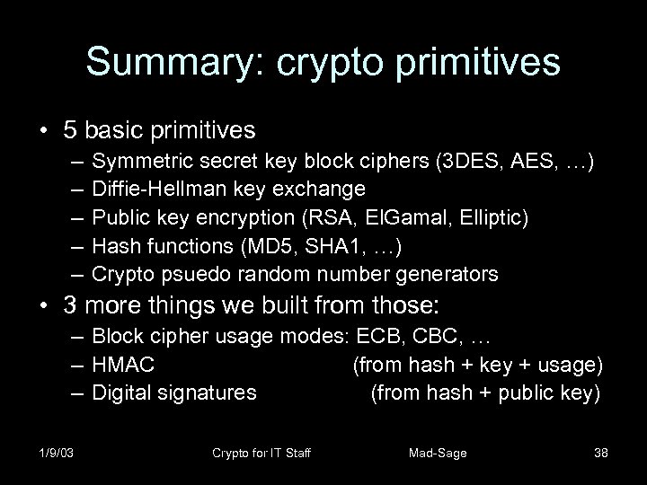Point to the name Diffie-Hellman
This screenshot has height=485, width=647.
pyautogui.click(x=150, y=189)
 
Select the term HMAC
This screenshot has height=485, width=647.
pyautogui.click(x=123, y=366)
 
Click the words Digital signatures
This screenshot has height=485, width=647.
pyautogui.click(x=174, y=392)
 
